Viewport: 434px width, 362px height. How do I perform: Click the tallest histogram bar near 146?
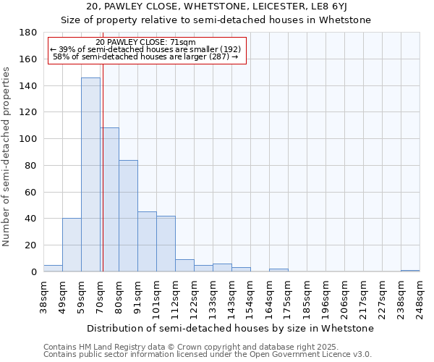pos(90,174)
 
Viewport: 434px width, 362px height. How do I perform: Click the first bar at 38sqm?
pos(53,269)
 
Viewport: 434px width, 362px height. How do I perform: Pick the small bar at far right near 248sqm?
pos(410,271)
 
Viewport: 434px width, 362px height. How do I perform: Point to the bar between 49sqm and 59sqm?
pos(72,245)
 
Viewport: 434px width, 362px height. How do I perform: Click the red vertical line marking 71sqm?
pos(103,159)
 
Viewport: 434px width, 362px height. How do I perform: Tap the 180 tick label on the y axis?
pos(28,33)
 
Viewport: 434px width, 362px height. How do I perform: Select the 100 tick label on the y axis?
pos(28,139)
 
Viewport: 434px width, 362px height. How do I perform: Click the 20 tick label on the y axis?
pos(31,245)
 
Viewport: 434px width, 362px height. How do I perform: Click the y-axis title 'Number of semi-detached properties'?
pos(7,156)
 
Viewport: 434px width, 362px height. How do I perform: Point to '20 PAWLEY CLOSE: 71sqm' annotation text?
pos(145,43)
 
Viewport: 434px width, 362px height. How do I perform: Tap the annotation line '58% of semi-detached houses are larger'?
pos(145,56)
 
